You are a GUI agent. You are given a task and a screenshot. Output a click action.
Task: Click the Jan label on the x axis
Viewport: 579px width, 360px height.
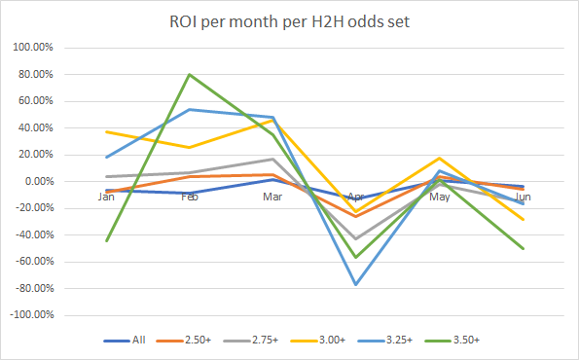[x=106, y=196]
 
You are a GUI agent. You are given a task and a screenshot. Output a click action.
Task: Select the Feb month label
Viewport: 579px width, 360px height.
[x=190, y=196]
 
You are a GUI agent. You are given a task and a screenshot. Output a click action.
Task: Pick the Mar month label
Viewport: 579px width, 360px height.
[x=273, y=196]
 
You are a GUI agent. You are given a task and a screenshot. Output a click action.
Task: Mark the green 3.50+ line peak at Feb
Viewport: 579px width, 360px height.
[x=190, y=75]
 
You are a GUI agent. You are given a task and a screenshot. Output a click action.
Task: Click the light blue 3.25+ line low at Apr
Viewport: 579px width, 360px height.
[x=357, y=284]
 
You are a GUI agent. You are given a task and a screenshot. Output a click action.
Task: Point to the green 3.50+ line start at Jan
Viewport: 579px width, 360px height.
[x=106, y=240]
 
